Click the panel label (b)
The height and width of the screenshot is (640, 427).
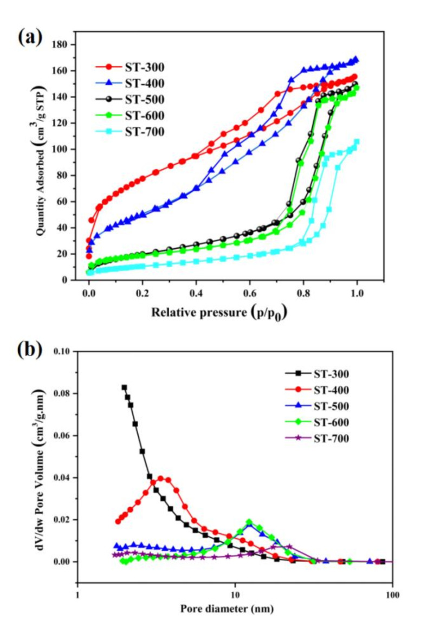pos(30,350)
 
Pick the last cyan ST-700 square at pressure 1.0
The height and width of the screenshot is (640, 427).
pos(357,141)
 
